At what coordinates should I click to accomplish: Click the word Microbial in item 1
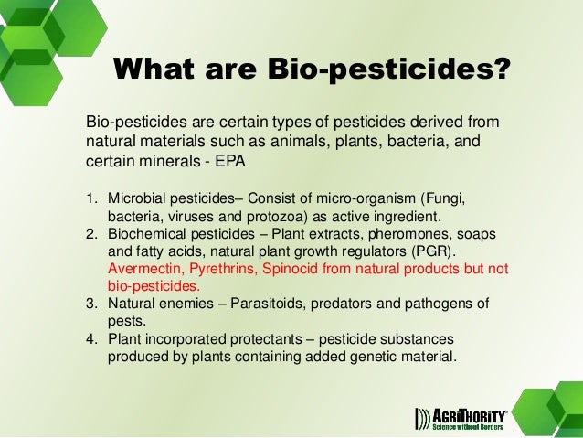click(x=138, y=198)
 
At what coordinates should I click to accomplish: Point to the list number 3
click(x=91, y=304)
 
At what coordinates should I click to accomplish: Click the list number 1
click(x=91, y=198)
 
